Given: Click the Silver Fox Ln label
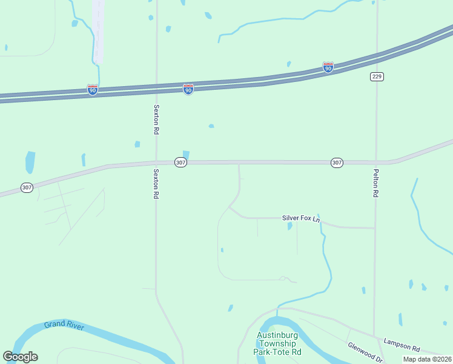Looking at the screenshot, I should point(301,218).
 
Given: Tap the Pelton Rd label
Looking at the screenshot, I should point(375,183).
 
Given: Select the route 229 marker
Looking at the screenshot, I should point(377,76).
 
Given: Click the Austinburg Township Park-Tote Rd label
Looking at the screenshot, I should point(279,343).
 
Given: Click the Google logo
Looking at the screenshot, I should point(20,357).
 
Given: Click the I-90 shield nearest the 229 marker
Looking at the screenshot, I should point(328,67).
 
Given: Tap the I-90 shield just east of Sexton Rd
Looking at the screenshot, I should point(188,90).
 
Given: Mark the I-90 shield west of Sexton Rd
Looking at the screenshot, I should point(93,90).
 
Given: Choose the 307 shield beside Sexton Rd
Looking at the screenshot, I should point(180,163).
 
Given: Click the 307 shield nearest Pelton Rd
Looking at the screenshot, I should point(337,163).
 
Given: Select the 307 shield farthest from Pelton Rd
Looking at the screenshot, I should point(27,187).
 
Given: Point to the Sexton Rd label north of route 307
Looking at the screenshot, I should point(156,120).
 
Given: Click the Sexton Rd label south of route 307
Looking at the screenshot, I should point(156,184).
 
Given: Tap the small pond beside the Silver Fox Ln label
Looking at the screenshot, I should point(289,227).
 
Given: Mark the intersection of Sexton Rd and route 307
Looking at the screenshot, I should point(156,162).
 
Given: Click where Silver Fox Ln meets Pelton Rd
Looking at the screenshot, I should point(375,228).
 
